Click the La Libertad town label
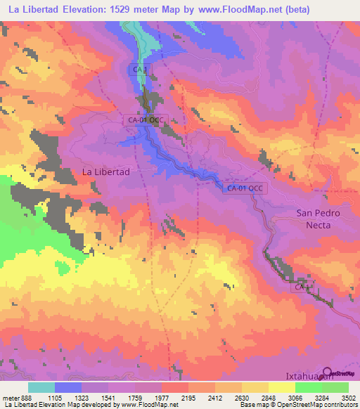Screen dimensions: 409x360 (107, 171)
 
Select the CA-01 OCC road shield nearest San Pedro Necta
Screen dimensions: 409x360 (245, 188)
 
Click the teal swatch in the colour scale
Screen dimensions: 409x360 (41, 387)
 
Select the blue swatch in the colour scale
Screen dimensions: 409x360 (68, 387)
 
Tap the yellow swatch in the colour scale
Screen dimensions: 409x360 (281, 387)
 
